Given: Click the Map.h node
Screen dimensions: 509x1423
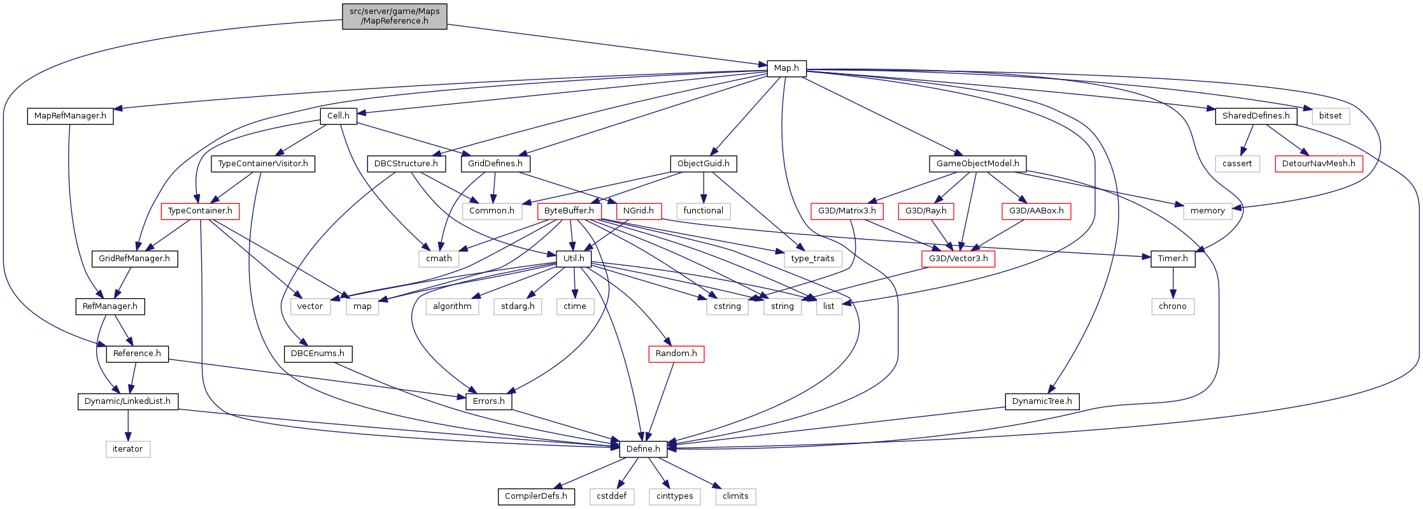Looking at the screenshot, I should click(786, 68).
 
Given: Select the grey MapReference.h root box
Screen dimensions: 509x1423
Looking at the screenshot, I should click(394, 16).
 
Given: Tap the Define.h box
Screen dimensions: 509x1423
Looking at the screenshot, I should click(643, 449).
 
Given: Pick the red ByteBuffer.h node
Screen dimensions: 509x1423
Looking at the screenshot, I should click(569, 211).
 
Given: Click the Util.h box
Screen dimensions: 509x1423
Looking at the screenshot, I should click(574, 259).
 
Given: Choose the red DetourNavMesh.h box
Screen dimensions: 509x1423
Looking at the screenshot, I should click(1319, 164).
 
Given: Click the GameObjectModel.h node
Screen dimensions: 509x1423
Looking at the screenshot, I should click(977, 164).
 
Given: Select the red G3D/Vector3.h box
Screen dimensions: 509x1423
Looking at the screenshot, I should click(958, 259).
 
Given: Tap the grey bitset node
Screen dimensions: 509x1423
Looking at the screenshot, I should click(1330, 116).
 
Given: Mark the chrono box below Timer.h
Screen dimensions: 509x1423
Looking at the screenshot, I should click(1172, 306).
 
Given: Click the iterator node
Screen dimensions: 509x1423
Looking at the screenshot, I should click(127, 449).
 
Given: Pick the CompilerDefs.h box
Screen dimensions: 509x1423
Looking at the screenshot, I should click(536, 496).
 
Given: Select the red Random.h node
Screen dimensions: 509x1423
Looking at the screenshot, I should click(676, 354).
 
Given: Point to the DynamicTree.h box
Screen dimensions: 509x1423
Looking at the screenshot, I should click(1042, 401).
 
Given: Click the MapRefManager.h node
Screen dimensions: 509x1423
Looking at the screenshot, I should click(70, 116).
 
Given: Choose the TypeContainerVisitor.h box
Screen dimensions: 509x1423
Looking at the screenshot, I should click(263, 164).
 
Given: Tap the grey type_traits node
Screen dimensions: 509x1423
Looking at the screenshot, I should click(812, 259).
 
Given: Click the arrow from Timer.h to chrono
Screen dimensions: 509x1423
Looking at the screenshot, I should click(1173, 282).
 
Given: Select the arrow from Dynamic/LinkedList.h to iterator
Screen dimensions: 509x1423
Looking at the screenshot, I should click(128, 425).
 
